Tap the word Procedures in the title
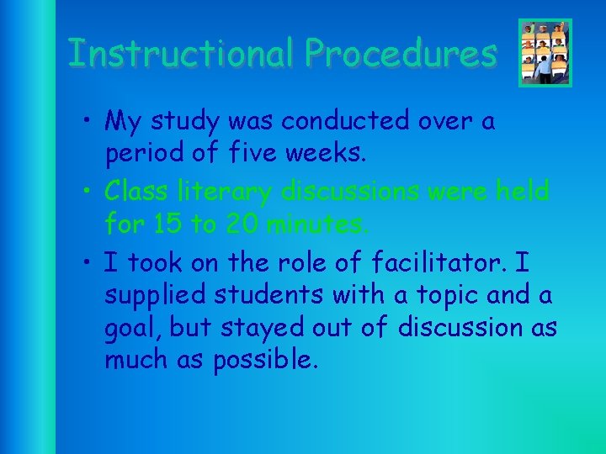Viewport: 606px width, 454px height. coord(401,53)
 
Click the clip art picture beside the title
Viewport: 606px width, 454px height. coord(545,53)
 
